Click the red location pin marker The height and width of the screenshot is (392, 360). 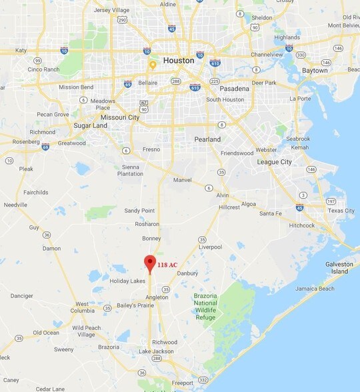pos(150,263)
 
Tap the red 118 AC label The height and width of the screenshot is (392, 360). pos(167,265)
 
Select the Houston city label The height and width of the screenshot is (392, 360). pos(179,60)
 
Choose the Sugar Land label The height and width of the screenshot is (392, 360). pos(90,125)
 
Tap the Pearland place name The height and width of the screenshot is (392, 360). pos(207,139)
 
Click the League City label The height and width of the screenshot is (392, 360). pos(275,162)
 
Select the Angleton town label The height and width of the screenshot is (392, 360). pos(157,297)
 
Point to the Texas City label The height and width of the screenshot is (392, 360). pos(341,211)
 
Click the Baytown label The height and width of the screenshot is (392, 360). pos(314,70)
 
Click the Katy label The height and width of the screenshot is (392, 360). pos(21,50)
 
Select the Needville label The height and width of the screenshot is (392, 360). pos(15,205)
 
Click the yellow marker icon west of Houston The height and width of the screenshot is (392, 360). pos(153,65)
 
